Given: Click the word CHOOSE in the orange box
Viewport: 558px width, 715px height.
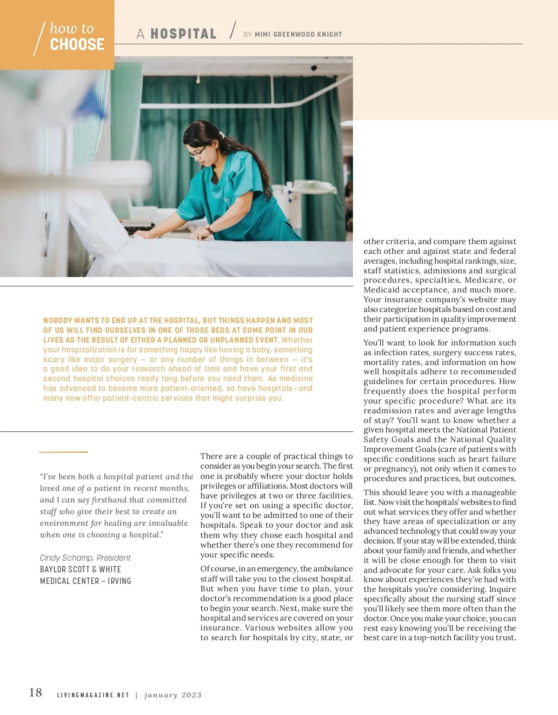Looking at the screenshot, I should click(77, 45).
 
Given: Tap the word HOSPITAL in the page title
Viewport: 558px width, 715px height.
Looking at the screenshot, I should click(183, 34).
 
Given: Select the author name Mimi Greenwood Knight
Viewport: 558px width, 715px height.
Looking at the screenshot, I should click(298, 34).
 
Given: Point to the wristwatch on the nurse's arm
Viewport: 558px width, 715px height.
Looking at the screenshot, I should click(210, 229).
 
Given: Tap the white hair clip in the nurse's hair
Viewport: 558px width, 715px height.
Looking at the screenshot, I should click(223, 135).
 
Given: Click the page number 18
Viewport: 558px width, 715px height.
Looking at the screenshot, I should click(35, 693).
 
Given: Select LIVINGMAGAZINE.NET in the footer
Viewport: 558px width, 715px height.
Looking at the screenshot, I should click(93, 695).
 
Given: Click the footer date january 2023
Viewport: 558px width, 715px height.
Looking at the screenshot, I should click(173, 695).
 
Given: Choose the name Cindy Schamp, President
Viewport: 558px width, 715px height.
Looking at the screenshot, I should click(85, 557).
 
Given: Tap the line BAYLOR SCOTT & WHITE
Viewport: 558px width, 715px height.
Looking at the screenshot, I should click(80, 569).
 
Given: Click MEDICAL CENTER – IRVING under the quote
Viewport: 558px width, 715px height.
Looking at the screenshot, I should click(86, 581).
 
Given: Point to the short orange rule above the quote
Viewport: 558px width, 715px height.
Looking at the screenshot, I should click(63, 451).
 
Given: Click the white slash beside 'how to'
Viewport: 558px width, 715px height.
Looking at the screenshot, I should click(39, 39).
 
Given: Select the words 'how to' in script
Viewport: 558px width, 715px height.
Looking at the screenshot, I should click(72, 28).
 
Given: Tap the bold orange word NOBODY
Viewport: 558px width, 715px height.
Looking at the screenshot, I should click(58, 320).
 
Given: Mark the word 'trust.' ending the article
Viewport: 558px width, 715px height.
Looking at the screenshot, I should click(506, 637).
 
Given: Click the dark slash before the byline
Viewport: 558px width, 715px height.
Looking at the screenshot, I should click(232, 30).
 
